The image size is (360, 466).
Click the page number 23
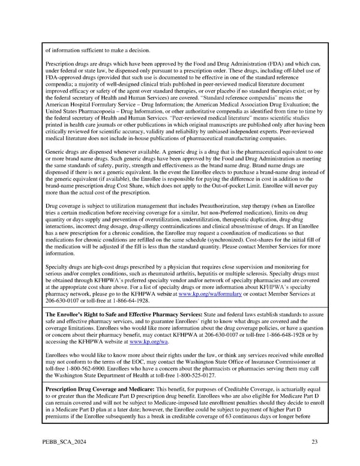[314, 443]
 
